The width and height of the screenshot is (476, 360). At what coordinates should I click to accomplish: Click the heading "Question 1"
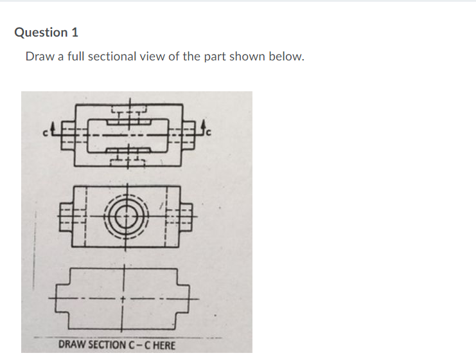coord(46,32)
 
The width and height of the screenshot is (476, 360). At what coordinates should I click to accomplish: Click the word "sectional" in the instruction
coord(115,57)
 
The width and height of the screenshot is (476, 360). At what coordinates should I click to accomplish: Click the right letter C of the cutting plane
coord(208,132)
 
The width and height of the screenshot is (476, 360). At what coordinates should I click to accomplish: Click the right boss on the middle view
coord(186,217)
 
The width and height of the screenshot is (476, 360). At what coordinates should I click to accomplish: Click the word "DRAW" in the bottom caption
coord(72,345)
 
